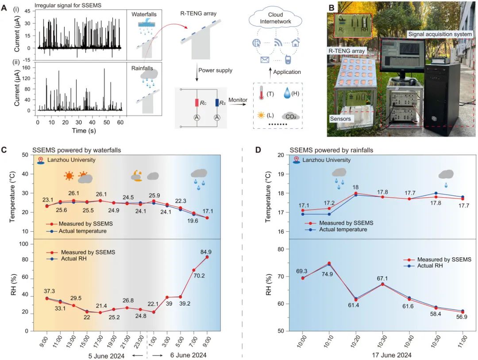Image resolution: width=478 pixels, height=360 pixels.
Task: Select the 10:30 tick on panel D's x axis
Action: point(382,339)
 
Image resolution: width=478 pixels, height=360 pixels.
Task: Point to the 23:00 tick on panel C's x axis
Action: point(141,342)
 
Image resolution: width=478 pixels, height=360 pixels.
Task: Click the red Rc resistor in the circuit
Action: point(197,103)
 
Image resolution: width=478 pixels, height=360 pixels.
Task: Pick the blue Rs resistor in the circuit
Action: point(218,103)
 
